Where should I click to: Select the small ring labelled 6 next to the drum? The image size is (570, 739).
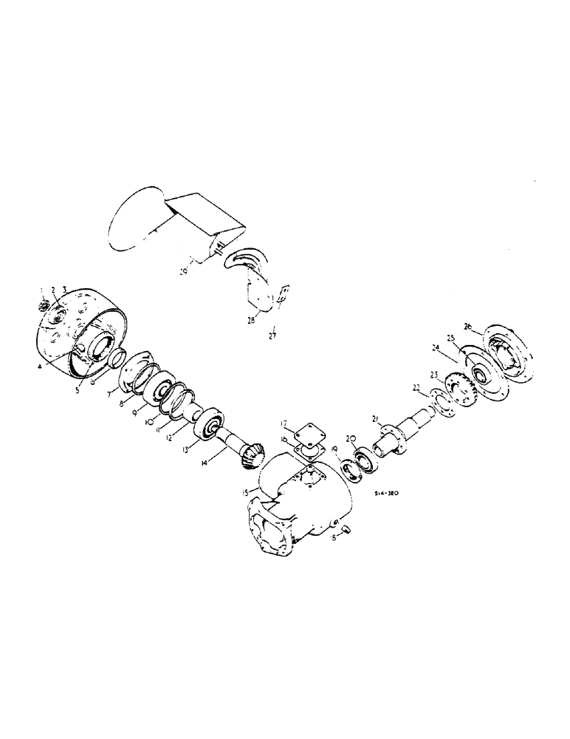point(115,361)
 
